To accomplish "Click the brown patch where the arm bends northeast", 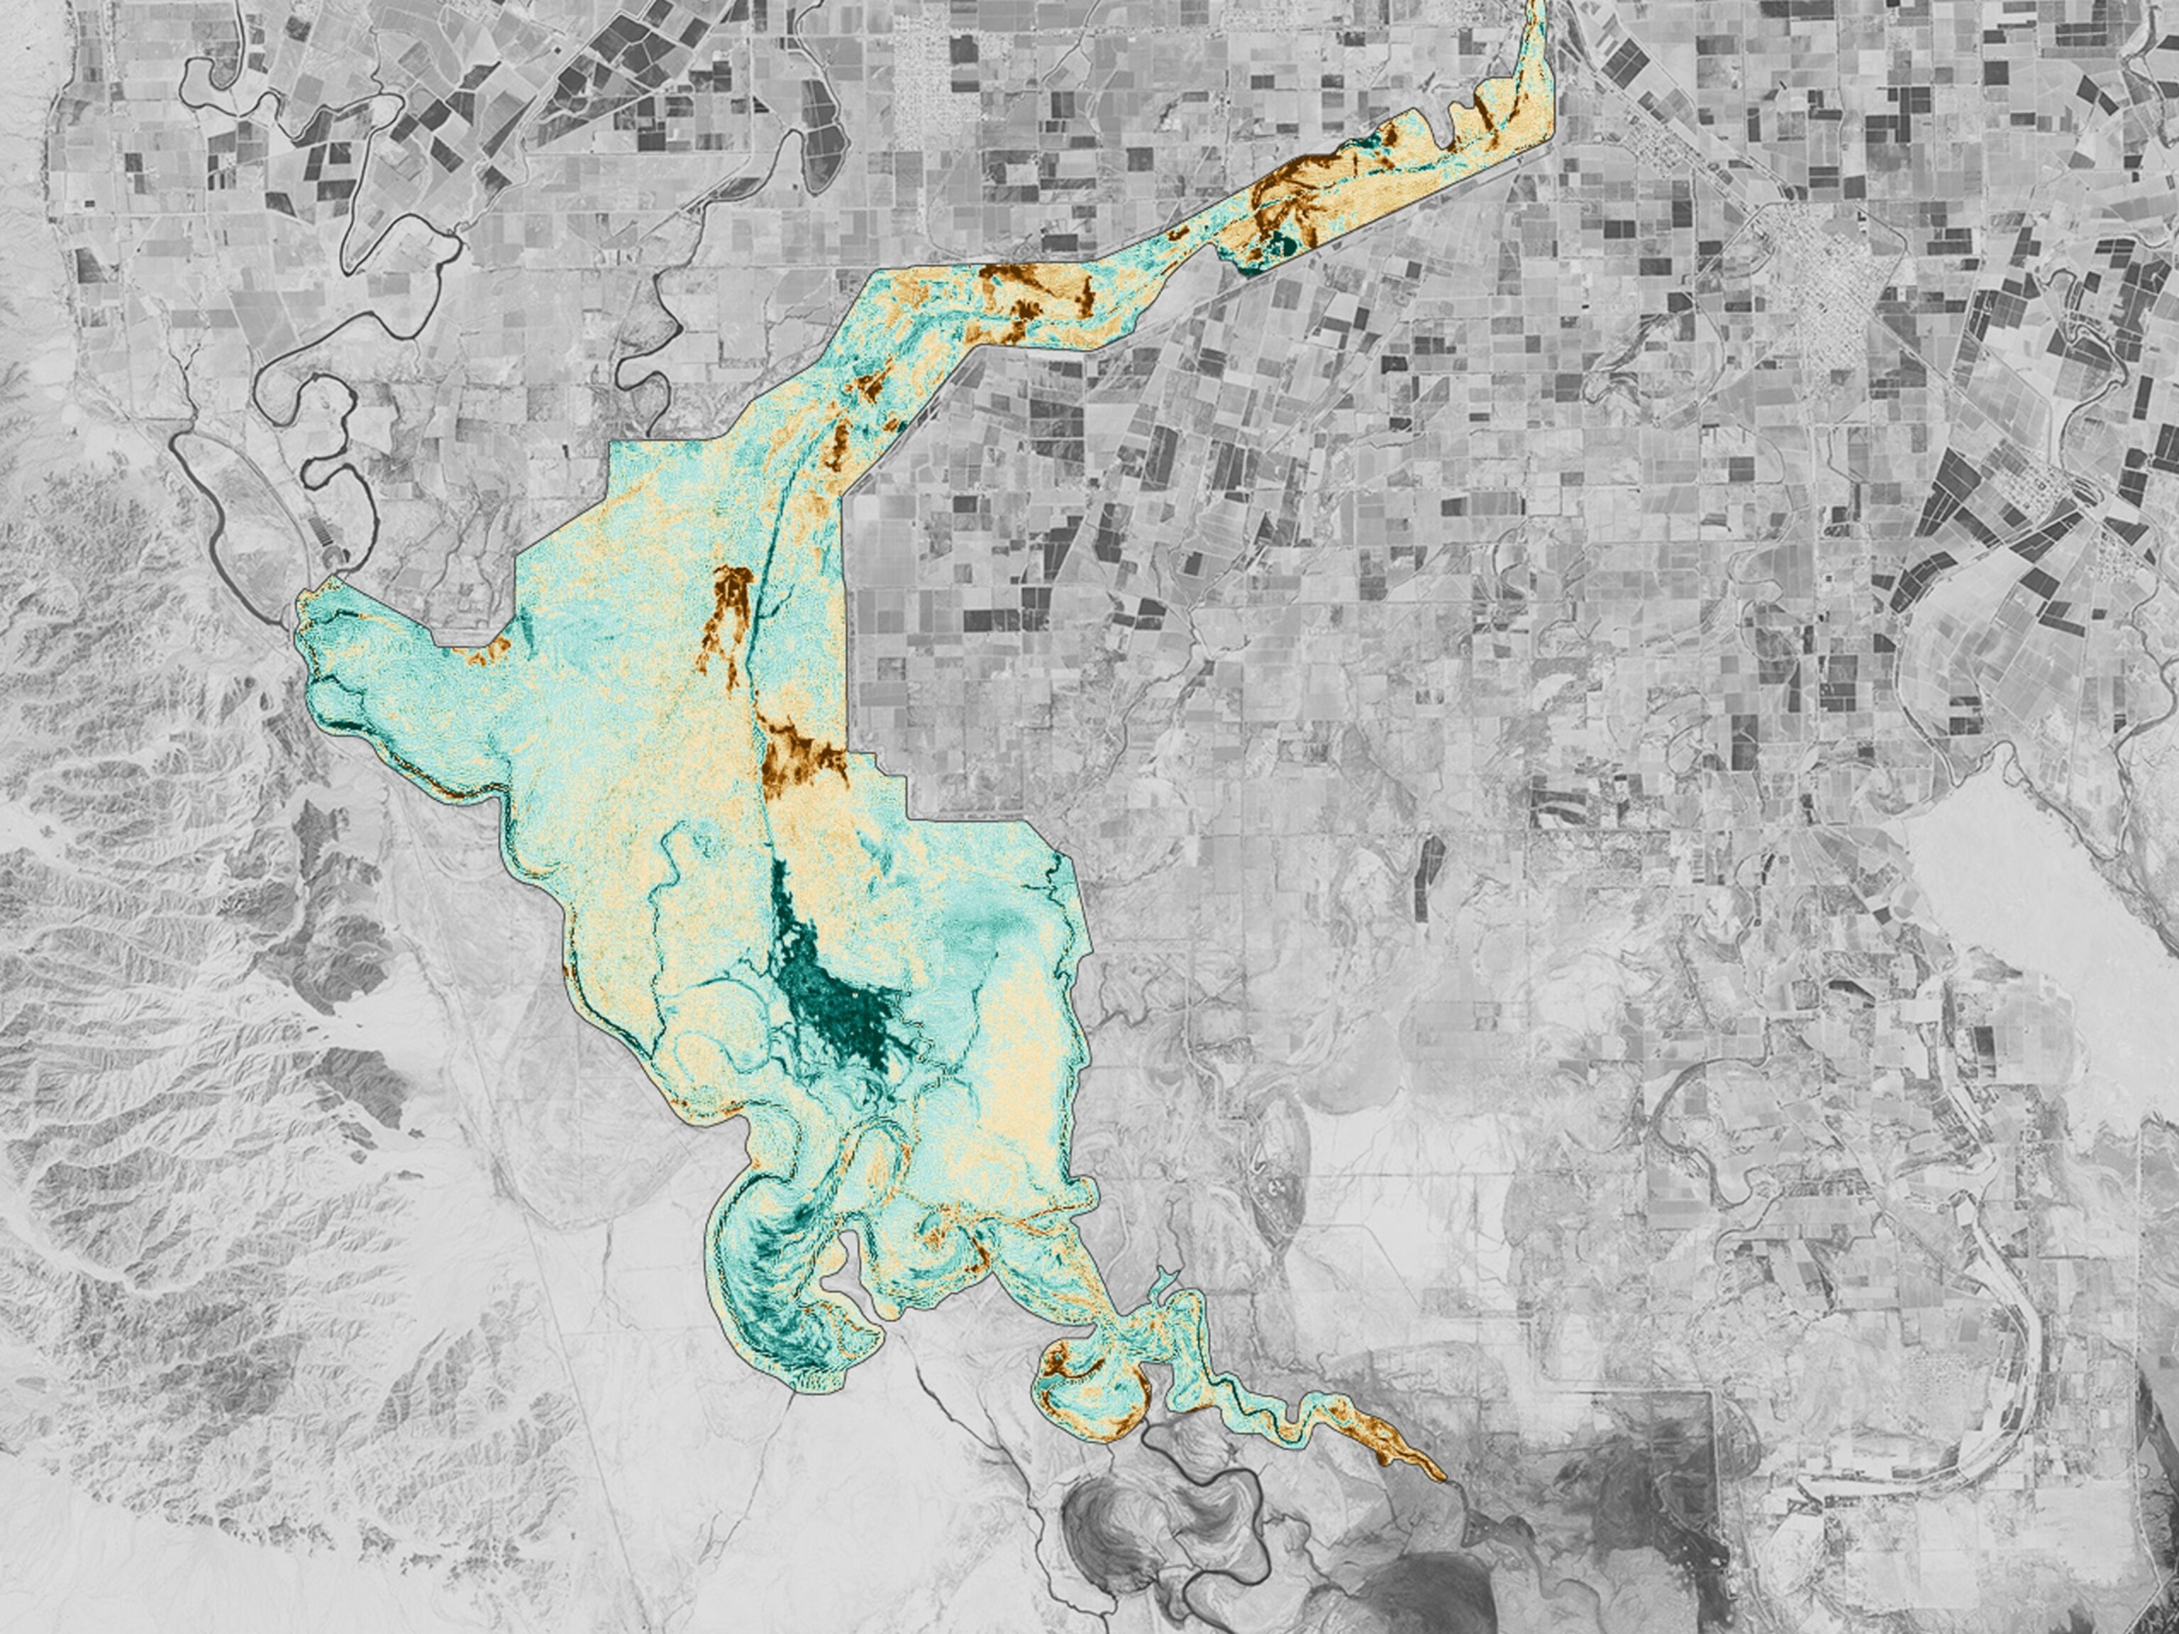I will [1010, 276].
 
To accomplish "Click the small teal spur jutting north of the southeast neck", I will [1163, 1280].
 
